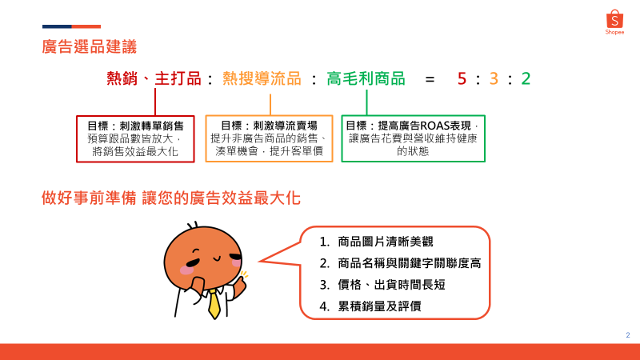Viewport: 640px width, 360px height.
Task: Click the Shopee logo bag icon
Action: tap(614, 18)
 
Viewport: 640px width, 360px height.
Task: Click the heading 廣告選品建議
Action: tap(89, 46)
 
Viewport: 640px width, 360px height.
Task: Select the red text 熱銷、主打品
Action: tap(154, 78)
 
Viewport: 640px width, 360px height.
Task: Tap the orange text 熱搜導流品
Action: tap(262, 78)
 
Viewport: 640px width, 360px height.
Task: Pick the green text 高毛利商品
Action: tap(366, 78)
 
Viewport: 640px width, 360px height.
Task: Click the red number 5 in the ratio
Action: tap(462, 78)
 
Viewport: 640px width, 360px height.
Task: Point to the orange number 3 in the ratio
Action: tap(494, 78)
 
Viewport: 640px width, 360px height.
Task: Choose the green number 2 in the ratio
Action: tap(526, 78)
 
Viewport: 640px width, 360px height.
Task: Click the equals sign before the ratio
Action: tap(430, 78)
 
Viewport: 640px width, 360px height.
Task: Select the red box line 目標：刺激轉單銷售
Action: tap(135, 126)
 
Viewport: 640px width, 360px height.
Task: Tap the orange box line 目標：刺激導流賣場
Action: tap(269, 126)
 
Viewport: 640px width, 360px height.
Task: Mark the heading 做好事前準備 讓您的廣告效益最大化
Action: tap(171, 198)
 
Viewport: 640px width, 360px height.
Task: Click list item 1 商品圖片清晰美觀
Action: tap(376, 242)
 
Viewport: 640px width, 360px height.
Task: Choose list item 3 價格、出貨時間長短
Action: tap(382, 285)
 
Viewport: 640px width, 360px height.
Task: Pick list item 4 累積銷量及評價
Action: tap(370, 306)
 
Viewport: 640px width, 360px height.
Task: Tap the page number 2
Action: tap(628, 335)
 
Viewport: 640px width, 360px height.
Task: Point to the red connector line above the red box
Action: tap(155, 102)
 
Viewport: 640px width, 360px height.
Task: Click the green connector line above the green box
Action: tap(366, 102)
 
